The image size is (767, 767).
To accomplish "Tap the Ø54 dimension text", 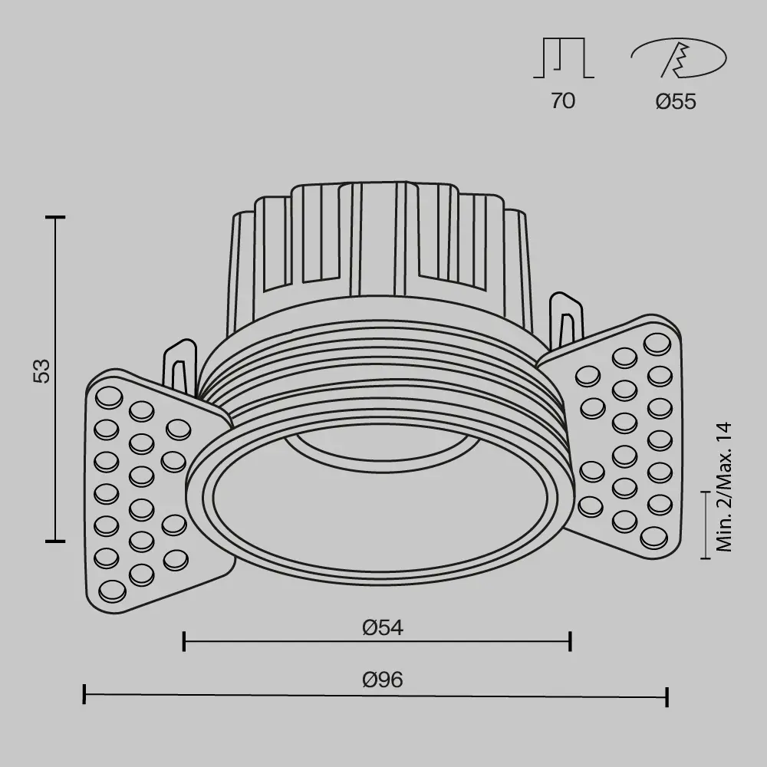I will pyautogui.click(x=383, y=627).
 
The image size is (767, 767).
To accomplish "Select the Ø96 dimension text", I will pyautogui.click(x=383, y=680).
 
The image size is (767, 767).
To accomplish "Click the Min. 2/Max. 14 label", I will pyautogui.click(x=724, y=487).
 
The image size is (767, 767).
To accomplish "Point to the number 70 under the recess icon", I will pyautogui.click(x=562, y=100).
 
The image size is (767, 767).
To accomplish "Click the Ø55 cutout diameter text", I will pyautogui.click(x=676, y=101).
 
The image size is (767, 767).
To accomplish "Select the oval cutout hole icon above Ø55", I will pyautogui.click(x=678, y=59).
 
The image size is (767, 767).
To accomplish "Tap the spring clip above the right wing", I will pyautogui.click(x=566, y=318).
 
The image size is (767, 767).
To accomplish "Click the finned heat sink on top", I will pyautogui.click(x=380, y=245).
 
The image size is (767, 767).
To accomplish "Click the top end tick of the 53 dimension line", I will pyautogui.click(x=54, y=218).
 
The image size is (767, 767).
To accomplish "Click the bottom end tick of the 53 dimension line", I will pyautogui.click(x=54, y=541).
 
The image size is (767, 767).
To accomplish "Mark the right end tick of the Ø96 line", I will pyautogui.click(x=667, y=696).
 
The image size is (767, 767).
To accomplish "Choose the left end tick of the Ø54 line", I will pyautogui.click(x=184, y=641).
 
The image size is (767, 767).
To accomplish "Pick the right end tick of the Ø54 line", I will pyautogui.click(x=570, y=641).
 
